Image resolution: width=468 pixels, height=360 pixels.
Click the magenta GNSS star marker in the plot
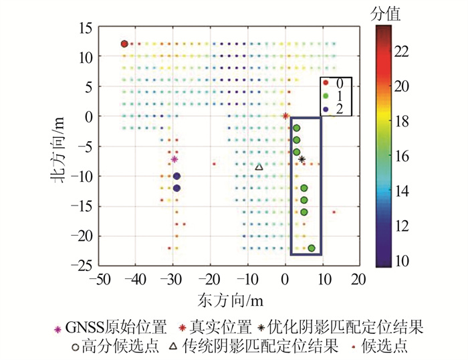(x=174, y=159)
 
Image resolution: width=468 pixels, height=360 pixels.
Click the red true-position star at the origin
(x=285, y=116)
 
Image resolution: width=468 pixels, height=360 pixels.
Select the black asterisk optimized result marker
(x=302, y=159)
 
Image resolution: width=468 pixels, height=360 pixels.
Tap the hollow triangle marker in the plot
(x=259, y=167)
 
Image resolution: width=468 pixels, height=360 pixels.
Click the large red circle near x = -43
(x=124, y=44)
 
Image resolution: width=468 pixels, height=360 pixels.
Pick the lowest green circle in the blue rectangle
(x=312, y=248)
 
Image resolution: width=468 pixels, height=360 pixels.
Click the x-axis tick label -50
(x=100, y=278)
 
